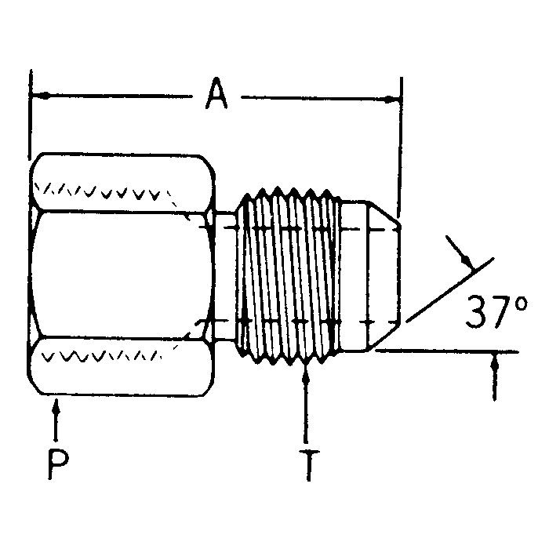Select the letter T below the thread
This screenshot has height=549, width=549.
(311, 464)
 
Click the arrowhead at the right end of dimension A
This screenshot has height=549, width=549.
(393, 99)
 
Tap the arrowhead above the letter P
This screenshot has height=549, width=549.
(55, 409)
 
